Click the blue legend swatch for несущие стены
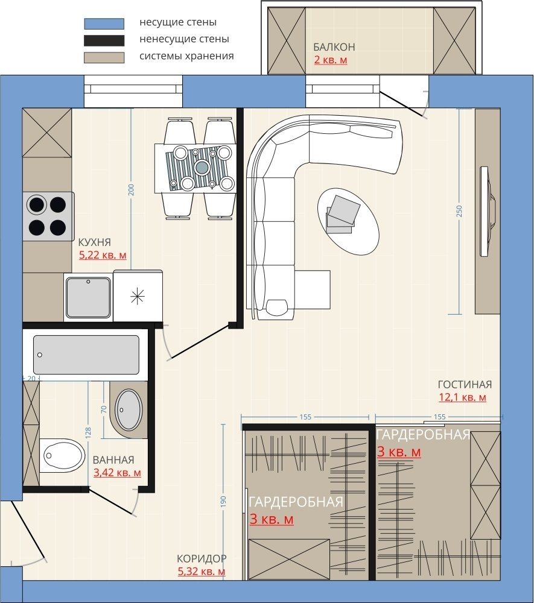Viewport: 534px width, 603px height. [104, 24]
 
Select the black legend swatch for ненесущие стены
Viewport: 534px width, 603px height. [104, 40]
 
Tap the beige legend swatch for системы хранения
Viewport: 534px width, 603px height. [104, 57]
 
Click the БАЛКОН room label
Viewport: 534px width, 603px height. [334, 47]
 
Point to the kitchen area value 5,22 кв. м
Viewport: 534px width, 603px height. [103, 255]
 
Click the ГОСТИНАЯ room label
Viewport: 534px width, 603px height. [465, 384]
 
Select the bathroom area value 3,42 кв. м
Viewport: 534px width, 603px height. [117, 473]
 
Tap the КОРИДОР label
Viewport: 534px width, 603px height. [202, 558]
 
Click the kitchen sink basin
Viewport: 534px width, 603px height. [89, 297]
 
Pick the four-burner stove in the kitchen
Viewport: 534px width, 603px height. [48, 216]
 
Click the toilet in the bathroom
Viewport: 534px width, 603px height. [62, 456]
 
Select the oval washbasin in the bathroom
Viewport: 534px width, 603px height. [129, 409]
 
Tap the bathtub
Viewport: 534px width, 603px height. [86, 355]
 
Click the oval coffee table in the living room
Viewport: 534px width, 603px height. [349, 221]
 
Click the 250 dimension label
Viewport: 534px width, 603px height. [459, 210]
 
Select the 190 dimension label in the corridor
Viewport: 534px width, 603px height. [223, 502]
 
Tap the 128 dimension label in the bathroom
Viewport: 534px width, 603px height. [88, 432]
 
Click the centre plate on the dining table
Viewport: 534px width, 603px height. [202, 167]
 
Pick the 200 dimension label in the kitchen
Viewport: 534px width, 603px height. [131, 189]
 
